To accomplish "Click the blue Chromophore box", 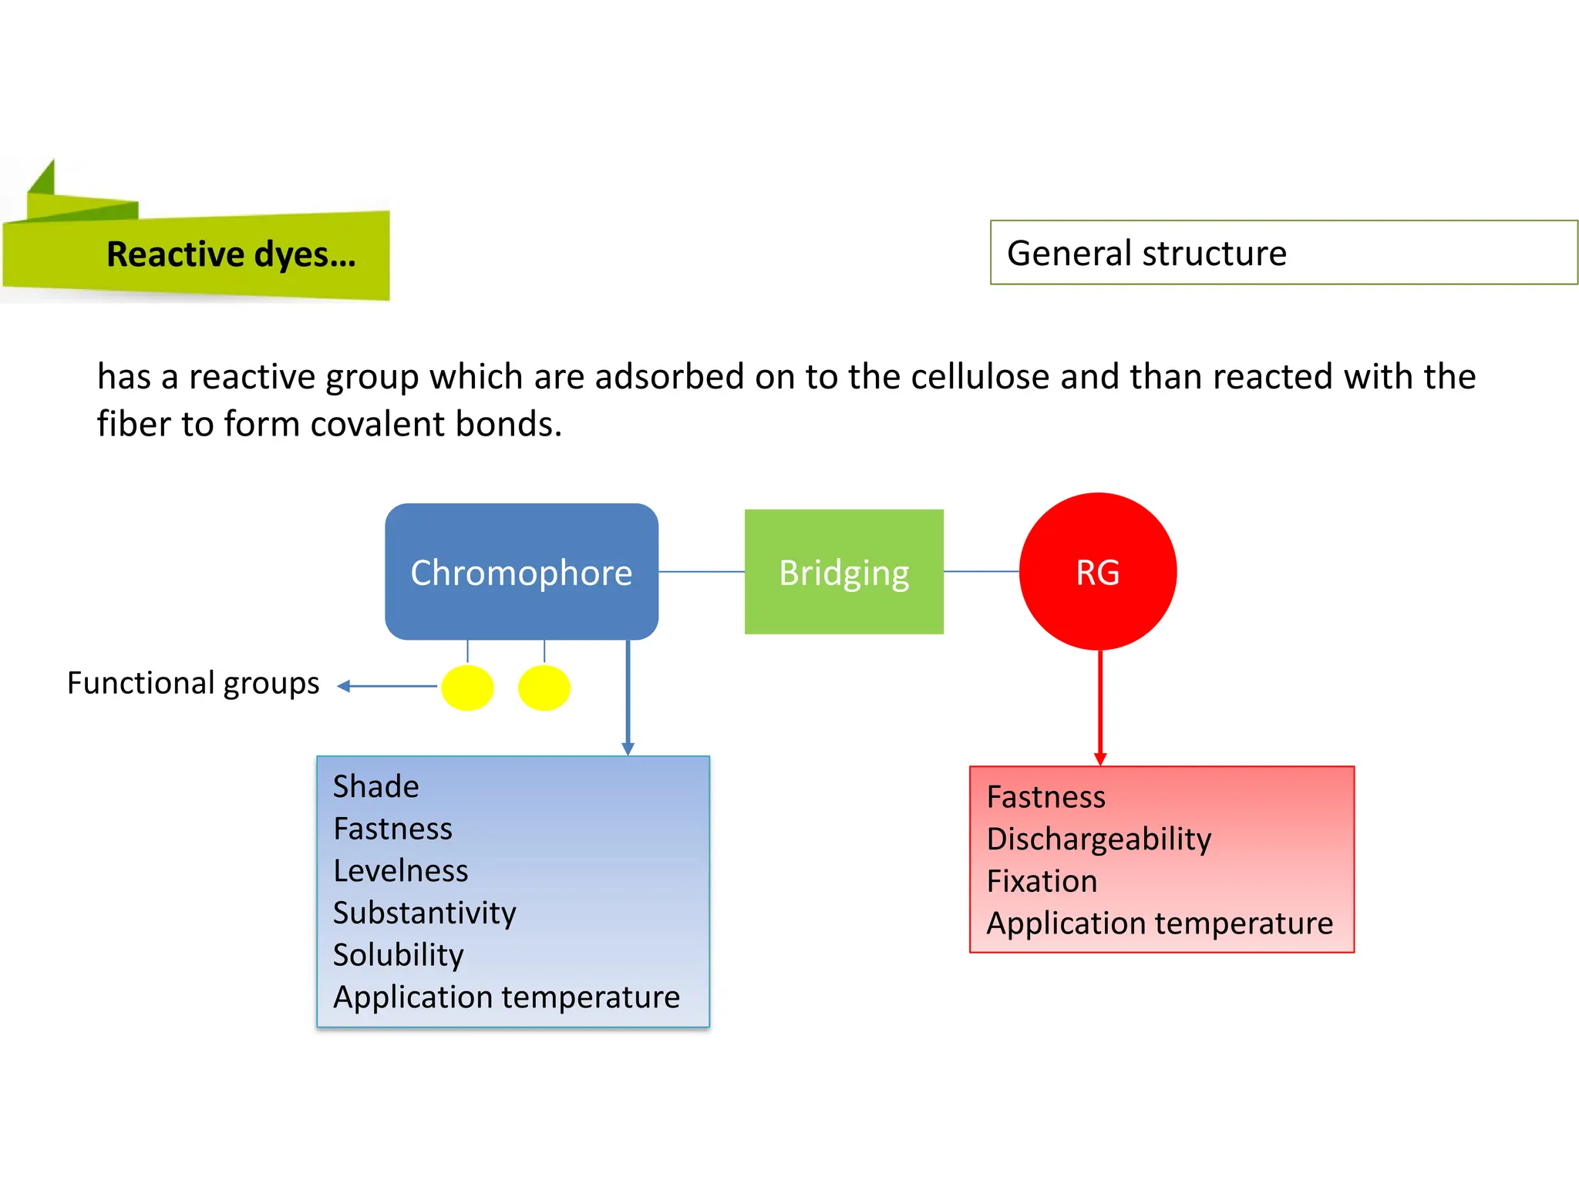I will point(521,572).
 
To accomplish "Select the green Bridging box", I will point(843,572).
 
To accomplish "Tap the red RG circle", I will point(1098,572).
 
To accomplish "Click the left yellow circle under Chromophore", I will point(467,688).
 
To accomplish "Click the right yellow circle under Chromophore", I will point(544,688).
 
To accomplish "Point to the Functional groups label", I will point(193,683).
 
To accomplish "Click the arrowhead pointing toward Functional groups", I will point(345,686).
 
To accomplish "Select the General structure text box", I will point(1283,253).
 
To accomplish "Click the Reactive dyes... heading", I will point(231,254).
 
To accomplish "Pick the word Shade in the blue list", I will point(376,787).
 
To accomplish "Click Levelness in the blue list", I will point(401,871).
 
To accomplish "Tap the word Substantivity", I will point(425,913).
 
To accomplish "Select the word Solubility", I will point(399,955).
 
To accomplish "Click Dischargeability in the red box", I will point(1099,839).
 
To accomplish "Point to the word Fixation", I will point(1042,881).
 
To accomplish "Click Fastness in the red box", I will point(1046,797).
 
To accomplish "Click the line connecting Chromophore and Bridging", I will point(702,572).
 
